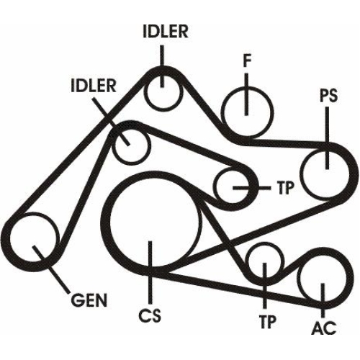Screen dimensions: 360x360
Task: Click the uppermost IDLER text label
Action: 166,31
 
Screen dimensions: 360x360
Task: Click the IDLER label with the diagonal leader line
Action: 94,86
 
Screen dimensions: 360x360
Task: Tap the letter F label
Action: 247,60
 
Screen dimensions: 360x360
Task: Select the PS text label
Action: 328,96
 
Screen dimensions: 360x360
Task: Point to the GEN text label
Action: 89,300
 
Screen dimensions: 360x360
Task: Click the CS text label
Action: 150,315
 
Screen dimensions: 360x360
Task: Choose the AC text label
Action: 324,328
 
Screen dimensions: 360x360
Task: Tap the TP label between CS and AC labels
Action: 268,322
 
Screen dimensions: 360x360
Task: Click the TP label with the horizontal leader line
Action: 285,188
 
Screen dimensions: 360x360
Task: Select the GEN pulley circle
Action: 34,238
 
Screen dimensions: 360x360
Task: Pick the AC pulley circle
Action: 323,278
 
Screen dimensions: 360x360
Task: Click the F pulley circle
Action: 247,112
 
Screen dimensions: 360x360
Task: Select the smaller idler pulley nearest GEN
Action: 132,146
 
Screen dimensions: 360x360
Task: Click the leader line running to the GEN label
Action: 51,269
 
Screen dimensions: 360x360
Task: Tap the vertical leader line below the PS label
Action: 327,138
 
